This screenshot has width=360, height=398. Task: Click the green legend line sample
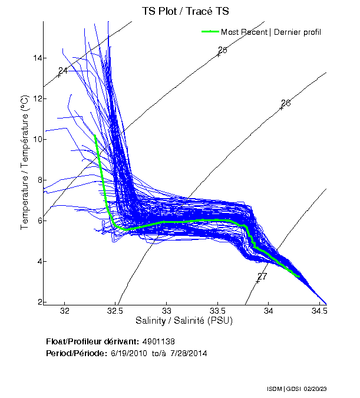210,31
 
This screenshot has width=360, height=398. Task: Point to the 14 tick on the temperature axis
37,58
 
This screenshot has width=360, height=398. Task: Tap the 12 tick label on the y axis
37,98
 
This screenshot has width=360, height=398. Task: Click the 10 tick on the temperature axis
37,139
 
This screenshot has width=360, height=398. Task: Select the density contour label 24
63,71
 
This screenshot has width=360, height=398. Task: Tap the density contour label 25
223,50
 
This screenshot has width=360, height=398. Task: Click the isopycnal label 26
286,103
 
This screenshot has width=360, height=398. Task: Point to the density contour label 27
262,276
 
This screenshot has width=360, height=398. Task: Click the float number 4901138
158,341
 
